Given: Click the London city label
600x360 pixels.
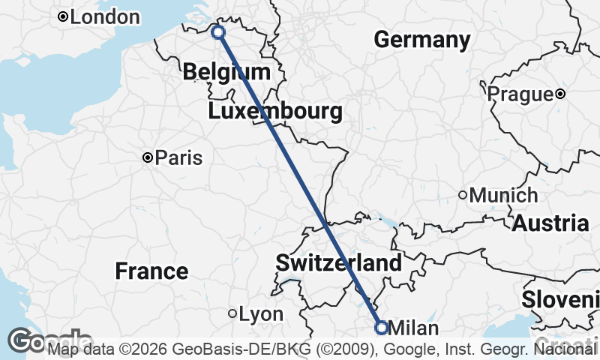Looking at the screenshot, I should click(x=105, y=16).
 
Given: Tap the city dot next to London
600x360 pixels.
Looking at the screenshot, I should click(x=63, y=16).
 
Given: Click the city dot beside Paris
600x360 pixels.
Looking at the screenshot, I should click(x=148, y=157).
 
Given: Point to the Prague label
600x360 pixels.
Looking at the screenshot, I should click(x=520, y=94).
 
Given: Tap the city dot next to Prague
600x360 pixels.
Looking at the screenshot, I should click(x=560, y=94).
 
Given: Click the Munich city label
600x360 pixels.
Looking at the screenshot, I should click(x=503, y=196).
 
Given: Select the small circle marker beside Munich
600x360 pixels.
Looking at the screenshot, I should click(x=463, y=195).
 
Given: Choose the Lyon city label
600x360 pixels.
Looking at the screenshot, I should click(x=261, y=314).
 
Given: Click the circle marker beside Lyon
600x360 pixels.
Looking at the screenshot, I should click(x=232, y=314).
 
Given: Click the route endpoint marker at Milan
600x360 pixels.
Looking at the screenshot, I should click(x=381, y=328).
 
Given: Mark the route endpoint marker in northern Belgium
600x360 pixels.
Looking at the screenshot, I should click(x=218, y=32).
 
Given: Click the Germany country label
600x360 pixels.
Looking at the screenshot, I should click(x=422, y=40).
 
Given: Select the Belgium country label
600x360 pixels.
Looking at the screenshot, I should click(x=226, y=72).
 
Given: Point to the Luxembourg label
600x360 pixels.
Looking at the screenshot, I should click(x=275, y=112).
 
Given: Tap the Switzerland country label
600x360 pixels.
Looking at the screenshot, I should click(x=338, y=263).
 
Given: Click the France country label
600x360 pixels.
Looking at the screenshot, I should click(x=151, y=271).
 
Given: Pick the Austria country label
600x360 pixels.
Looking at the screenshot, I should click(x=550, y=223).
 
